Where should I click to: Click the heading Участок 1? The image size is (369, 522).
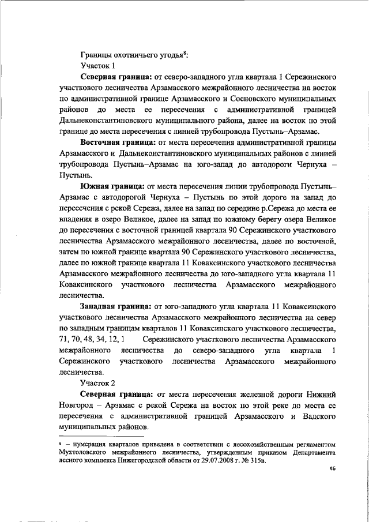pos(98,66)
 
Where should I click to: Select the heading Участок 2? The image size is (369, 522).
pos(98,383)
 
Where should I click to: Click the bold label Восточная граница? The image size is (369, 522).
pos(113,142)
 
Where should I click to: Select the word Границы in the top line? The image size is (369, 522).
pos(96,55)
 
